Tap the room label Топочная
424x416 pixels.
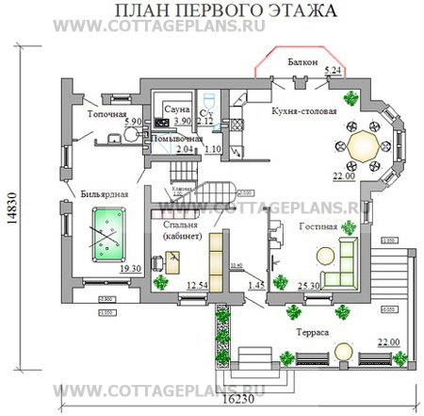107,113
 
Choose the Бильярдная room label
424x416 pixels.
100,192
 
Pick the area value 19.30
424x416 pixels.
117,269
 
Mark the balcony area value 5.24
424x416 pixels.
332,71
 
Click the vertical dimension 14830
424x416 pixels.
17,214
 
